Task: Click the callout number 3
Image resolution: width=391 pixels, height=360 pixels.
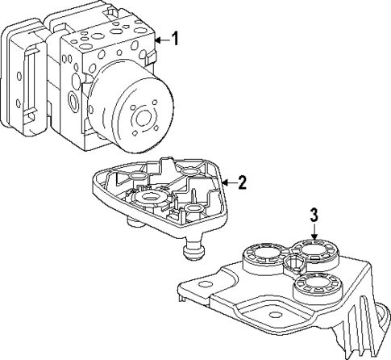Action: pyautogui.click(x=315, y=215)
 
